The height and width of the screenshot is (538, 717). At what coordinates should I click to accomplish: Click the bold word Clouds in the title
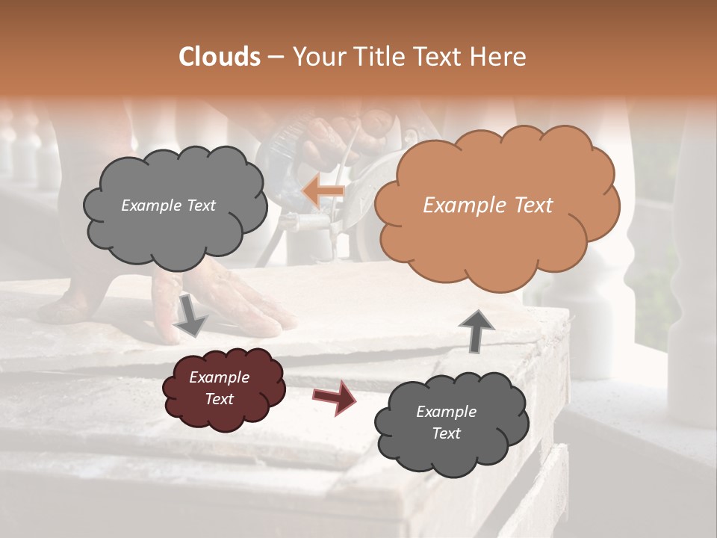click(x=220, y=57)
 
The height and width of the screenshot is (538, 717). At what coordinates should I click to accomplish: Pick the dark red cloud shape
click(x=223, y=388)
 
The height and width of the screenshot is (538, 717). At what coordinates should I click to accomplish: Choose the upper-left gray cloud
click(x=173, y=205)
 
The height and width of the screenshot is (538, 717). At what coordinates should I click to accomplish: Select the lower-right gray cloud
click(x=450, y=423)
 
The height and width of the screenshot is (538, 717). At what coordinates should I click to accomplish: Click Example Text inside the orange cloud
click(x=488, y=205)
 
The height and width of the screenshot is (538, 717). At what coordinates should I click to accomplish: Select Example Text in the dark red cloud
click(x=219, y=389)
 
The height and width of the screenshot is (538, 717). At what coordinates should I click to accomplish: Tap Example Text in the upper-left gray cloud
click(x=168, y=205)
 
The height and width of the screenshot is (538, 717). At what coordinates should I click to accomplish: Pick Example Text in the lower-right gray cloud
click(x=446, y=422)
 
